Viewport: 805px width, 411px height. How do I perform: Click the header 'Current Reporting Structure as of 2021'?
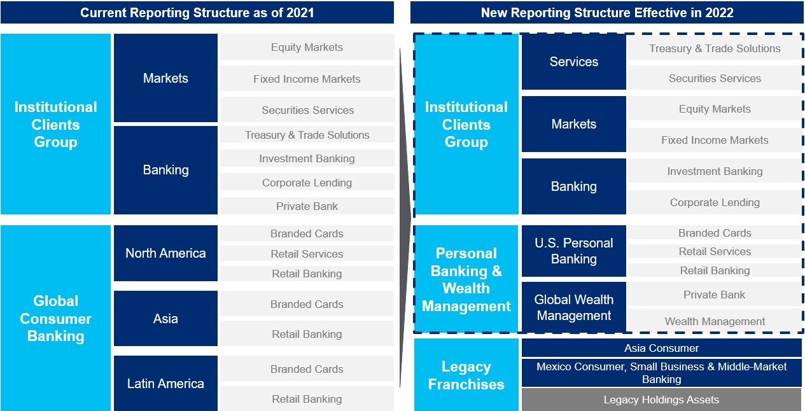[x=197, y=13]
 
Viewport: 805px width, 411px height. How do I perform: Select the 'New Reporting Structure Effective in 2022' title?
[x=607, y=13]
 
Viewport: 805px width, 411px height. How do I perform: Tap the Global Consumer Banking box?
[x=56, y=318]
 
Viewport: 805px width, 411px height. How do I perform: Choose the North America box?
[x=165, y=253]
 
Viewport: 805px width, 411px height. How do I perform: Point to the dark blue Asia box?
[x=165, y=318]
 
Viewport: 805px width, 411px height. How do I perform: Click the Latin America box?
[x=165, y=384]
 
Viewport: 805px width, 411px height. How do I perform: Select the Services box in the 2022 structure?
[x=574, y=62]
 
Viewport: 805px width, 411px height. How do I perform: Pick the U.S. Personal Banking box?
[x=574, y=251]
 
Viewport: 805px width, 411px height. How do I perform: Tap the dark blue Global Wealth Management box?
[x=574, y=307]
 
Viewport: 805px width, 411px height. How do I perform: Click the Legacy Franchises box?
[x=466, y=375]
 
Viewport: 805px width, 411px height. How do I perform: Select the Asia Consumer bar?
[x=662, y=348]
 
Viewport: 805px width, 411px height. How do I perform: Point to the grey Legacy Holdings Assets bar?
[x=662, y=400]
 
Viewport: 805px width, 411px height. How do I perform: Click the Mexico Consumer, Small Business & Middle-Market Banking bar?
[x=662, y=373]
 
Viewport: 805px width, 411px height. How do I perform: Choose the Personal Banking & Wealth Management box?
[x=466, y=279]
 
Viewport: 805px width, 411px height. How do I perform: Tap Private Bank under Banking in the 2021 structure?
[x=307, y=206]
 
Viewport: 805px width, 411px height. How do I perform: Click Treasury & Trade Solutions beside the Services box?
[x=715, y=48]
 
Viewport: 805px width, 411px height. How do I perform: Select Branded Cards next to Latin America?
[x=307, y=369]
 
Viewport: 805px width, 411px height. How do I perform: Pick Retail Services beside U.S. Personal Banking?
[x=715, y=251]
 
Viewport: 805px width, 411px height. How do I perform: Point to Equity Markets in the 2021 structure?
[x=307, y=47]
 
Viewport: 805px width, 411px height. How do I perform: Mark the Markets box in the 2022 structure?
[x=574, y=124]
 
